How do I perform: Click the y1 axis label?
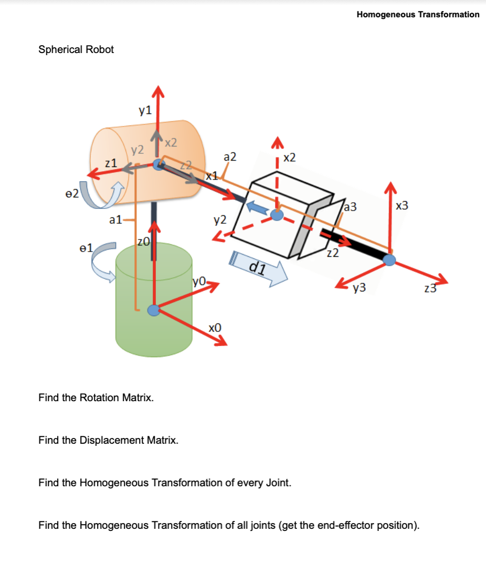coord(145,110)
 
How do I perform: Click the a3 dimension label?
coord(350,206)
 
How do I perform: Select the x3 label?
coord(402,206)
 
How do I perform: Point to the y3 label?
coord(360,287)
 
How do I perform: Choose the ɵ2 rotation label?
coord(72,193)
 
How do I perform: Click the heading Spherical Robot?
coord(76,49)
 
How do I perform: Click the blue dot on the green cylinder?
coord(153,310)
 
